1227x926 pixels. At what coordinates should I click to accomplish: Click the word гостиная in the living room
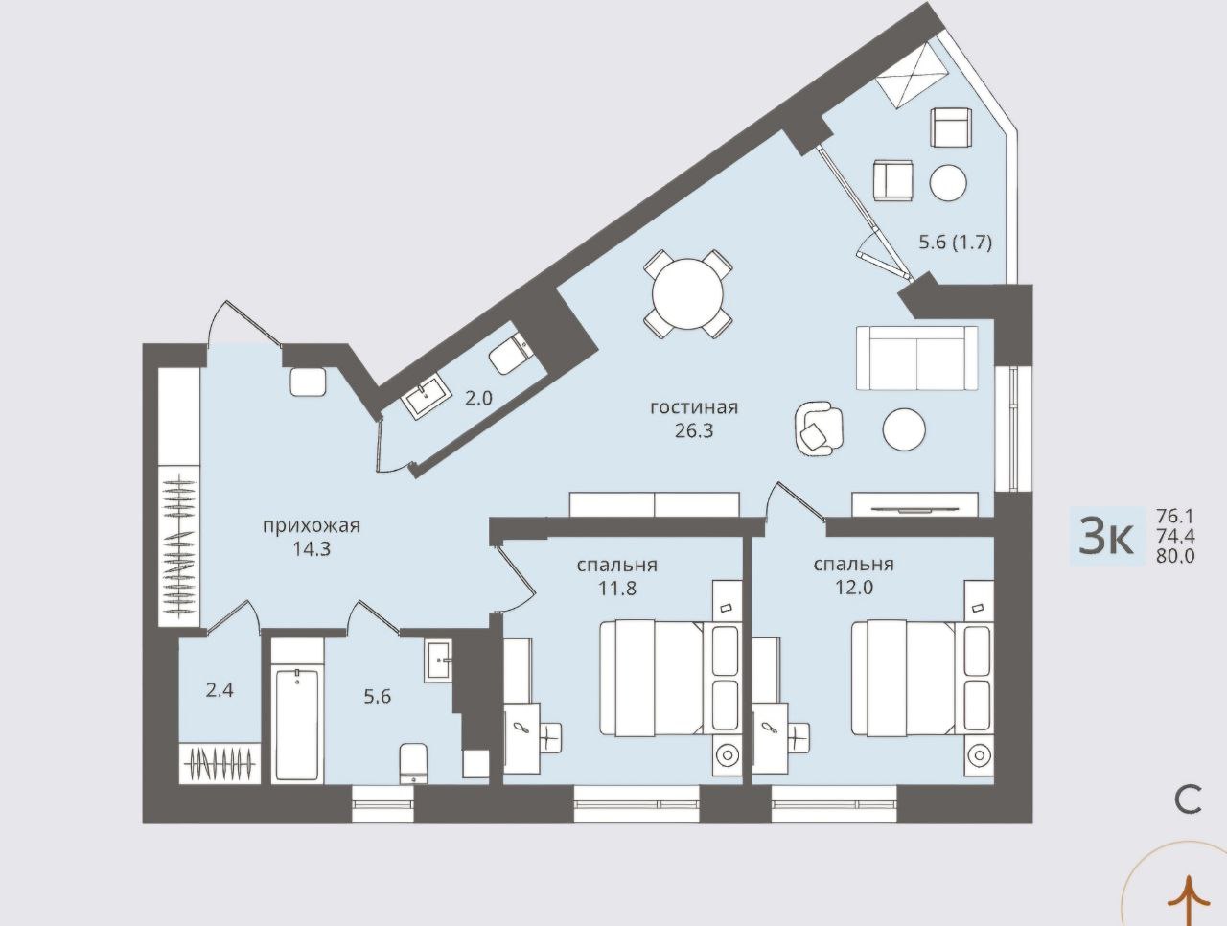point(694,408)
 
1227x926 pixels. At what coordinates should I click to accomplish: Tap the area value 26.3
point(694,431)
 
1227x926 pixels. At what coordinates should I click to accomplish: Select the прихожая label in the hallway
point(312,526)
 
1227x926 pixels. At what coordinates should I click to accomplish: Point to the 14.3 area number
point(312,549)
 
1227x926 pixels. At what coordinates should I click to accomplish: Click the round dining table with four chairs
point(687,294)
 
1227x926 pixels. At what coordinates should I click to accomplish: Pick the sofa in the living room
point(916,359)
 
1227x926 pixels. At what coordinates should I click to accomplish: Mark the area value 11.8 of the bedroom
point(617,589)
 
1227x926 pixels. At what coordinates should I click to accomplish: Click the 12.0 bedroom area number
point(853,588)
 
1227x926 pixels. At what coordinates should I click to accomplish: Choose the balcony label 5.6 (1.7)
point(956,243)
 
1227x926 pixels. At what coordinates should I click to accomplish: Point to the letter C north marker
point(1188,800)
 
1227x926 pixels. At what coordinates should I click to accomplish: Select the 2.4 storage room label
point(220,691)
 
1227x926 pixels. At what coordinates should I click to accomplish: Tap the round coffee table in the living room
point(904,429)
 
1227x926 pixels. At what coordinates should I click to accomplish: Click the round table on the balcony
point(948,183)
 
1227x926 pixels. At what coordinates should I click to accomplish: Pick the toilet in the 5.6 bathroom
point(414,763)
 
